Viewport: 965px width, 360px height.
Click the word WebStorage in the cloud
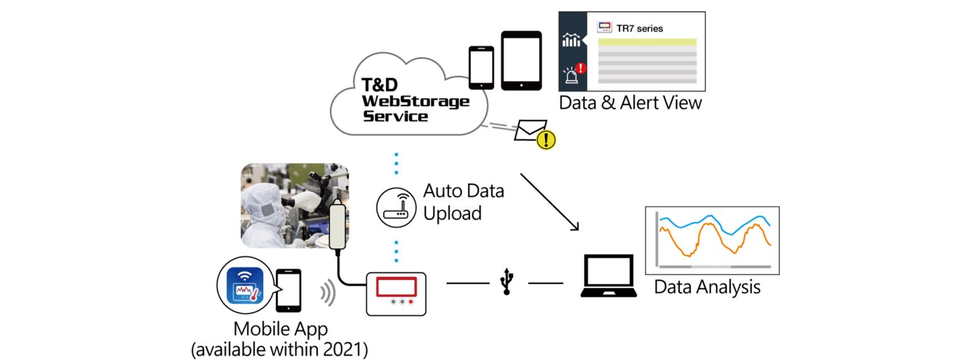coord(416,101)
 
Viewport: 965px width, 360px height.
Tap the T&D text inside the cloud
coord(381,84)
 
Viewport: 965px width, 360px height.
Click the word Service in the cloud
coord(396,116)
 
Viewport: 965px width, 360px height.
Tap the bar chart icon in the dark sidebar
coord(571,41)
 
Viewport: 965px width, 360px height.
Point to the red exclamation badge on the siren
coord(581,68)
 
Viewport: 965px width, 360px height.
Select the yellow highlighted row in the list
coord(646,43)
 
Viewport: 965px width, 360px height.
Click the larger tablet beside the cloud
coord(521,60)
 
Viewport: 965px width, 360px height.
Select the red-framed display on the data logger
coord(396,287)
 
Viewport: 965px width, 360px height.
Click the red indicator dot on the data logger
coord(412,302)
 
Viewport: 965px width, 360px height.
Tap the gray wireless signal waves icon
coord(327,293)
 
